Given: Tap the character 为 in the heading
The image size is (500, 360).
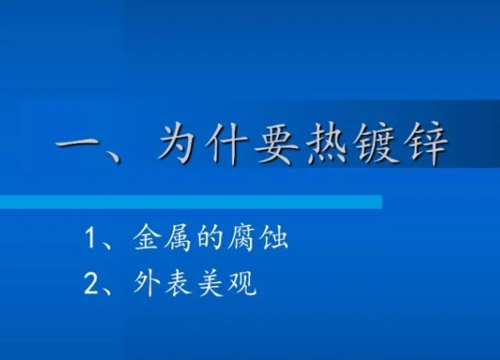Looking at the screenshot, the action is (178, 143).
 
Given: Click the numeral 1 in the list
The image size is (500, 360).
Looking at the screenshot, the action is (90, 237).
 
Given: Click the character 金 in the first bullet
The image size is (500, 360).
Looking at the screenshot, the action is (146, 237).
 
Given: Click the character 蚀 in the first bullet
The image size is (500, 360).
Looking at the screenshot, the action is (274, 237).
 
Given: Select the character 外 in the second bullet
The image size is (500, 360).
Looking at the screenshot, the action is (146, 284).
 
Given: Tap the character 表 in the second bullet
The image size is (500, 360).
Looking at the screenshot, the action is (178, 284).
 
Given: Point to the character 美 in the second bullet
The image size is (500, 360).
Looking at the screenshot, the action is (210, 284).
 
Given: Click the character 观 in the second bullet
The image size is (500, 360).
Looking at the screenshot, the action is (242, 284).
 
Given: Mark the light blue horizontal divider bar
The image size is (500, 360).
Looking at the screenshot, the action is (191, 202).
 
